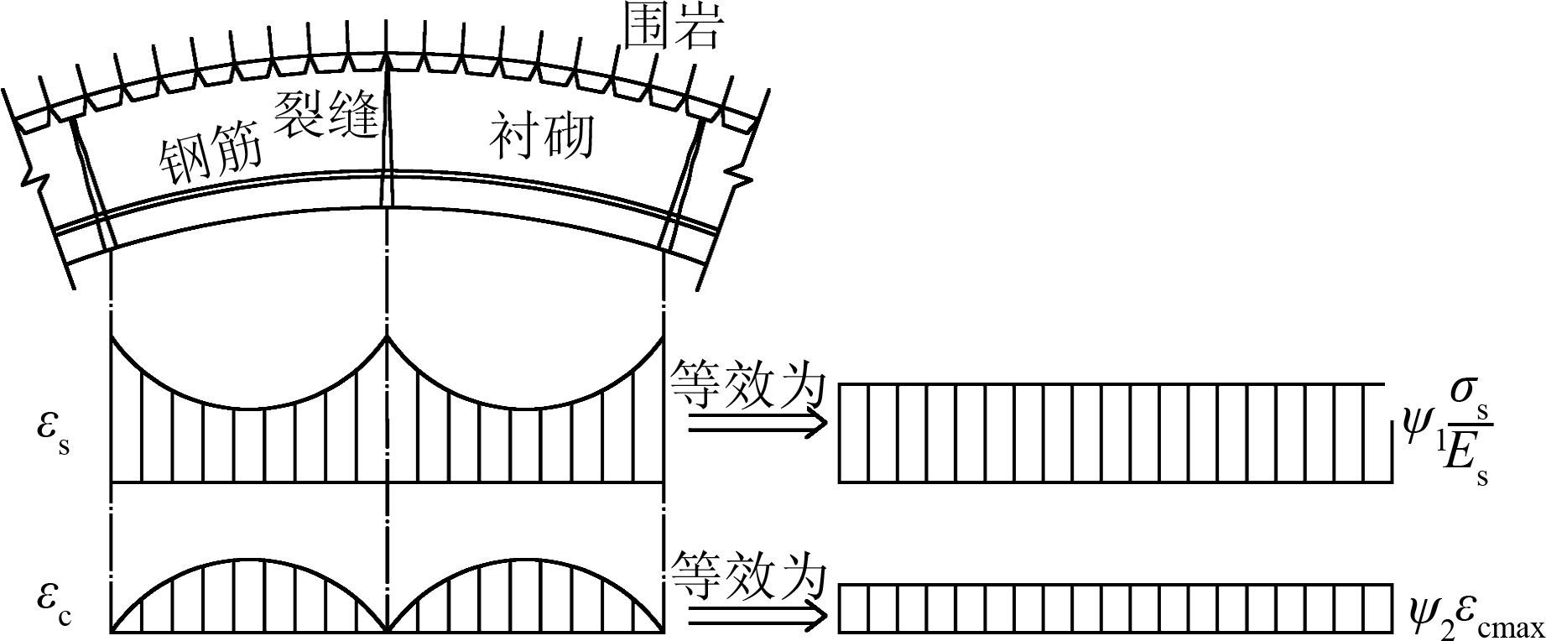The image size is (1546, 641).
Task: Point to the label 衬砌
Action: tap(542, 134)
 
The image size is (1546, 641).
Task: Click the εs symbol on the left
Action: tap(52, 430)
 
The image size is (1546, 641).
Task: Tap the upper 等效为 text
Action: tap(748, 387)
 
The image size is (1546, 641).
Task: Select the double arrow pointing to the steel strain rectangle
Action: tap(756, 426)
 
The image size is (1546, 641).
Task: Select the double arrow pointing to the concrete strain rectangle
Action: tap(756, 617)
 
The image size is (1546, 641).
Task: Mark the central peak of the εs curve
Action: tap(387, 338)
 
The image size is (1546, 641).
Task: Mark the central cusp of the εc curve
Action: tap(387, 630)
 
